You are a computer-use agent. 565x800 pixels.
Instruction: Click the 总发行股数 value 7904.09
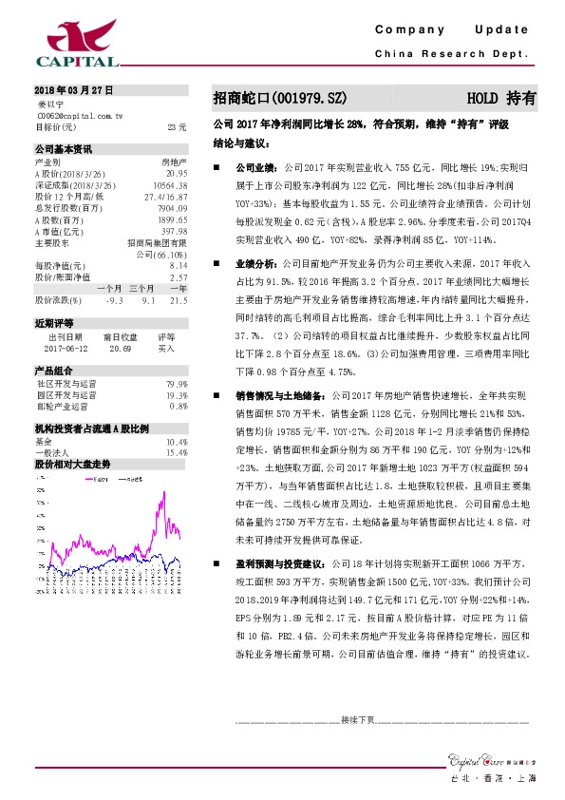tap(172, 207)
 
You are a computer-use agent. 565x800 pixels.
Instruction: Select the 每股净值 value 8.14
tap(178, 266)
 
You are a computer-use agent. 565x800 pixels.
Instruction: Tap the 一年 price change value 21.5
tap(177, 300)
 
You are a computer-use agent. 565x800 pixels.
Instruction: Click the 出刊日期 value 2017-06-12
tap(65, 349)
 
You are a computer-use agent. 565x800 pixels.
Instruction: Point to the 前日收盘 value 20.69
tap(122, 349)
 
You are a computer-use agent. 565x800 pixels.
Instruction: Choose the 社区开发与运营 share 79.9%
tap(177, 384)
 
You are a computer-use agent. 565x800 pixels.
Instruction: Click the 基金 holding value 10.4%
tap(177, 442)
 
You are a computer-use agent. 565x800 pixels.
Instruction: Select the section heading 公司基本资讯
tap(64, 149)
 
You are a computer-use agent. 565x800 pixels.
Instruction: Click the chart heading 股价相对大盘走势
tap(72, 464)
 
